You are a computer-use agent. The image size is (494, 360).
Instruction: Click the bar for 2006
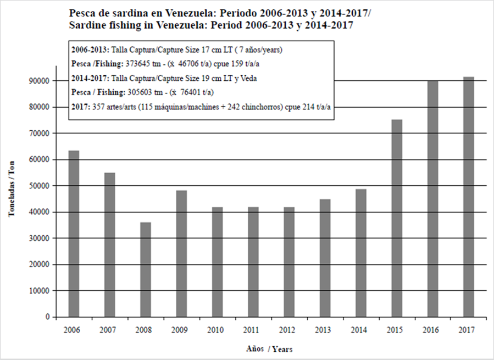tap(74, 234)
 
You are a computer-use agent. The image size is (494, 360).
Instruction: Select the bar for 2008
tap(146, 269)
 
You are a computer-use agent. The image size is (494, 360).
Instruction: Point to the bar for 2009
tap(181, 253)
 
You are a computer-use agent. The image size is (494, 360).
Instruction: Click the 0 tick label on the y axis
tap(48, 317)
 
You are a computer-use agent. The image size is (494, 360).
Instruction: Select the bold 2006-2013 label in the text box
tap(90, 49)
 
